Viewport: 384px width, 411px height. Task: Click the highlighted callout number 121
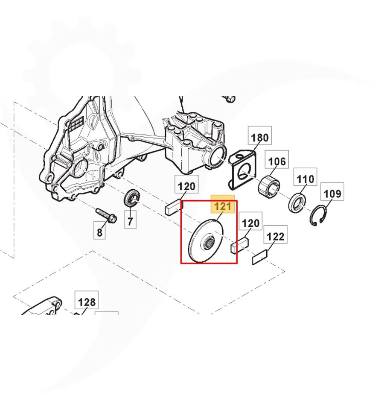(223, 206)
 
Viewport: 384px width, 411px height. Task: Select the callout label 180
(260, 137)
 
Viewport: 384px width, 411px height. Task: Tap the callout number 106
(277, 161)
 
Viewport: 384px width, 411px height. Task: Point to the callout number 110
(305, 179)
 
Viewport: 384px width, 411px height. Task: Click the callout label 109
(332, 194)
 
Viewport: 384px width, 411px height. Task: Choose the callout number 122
(275, 236)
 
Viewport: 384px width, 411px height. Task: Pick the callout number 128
(87, 302)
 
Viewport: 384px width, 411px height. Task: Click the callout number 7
(130, 221)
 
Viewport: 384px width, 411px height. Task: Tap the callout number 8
(99, 232)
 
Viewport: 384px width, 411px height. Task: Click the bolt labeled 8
(106, 215)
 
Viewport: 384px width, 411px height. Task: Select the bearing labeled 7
(131, 198)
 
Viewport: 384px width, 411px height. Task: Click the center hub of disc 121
(209, 242)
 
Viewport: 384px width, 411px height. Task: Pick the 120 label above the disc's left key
(186, 187)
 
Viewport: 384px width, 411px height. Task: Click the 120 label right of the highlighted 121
(250, 223)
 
